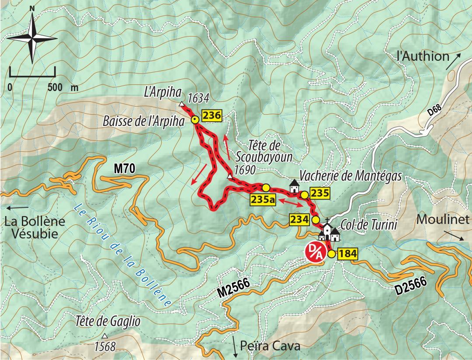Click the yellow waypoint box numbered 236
(212, 116)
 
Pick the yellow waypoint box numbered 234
(299, 219)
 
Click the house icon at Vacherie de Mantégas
(294, 187)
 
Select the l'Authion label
(423, 56)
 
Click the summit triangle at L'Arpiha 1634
(181, 104)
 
